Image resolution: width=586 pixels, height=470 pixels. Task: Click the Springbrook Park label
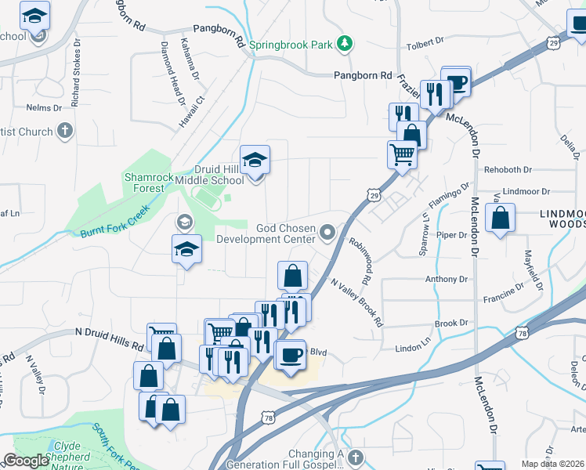click(291, 45)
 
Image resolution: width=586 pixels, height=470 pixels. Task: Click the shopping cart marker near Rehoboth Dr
click(402, 154)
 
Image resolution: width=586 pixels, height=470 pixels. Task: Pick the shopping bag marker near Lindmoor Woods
click(500, 217)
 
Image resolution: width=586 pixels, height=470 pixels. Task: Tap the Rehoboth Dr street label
click(508, 169)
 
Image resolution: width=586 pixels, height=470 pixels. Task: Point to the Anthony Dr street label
click(446, 279)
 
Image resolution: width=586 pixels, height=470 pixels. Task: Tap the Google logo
click(27, 461)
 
